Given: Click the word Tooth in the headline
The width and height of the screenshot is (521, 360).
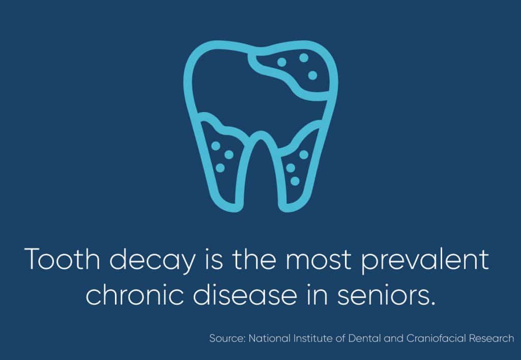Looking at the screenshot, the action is tap(63, 259).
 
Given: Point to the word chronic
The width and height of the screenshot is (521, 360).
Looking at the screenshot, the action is tap(134, 294).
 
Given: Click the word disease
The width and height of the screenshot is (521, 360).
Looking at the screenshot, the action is tap(245, 294).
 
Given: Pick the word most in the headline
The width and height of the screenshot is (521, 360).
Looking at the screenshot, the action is tap(319, 260).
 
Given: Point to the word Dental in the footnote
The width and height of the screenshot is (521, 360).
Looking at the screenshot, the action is tap(364, 339).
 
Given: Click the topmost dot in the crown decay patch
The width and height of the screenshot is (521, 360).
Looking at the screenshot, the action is tap(304, 58).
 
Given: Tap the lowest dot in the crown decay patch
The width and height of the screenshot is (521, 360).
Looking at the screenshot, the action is tap(312, 75).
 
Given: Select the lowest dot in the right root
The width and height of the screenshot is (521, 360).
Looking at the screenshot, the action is tap(295, 181).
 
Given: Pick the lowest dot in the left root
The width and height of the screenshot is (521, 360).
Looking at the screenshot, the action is tap(220, 168).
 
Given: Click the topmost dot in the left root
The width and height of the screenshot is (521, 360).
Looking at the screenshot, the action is tap(216, 146).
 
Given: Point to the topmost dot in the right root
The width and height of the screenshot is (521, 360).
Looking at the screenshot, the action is tap(304, 155).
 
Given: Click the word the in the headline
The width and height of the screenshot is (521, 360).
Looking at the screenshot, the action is tap(254, 259).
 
